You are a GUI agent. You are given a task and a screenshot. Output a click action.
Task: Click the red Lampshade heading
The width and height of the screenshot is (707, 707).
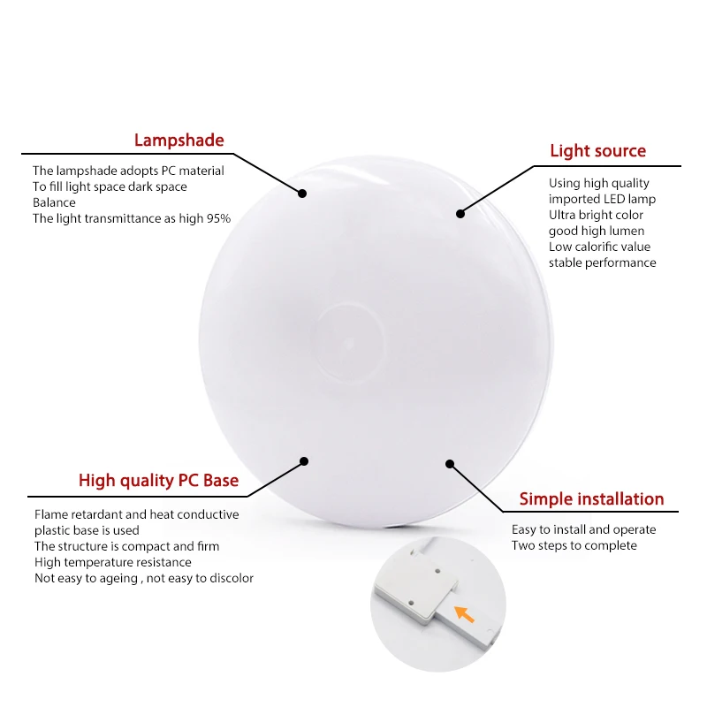click(x=179, y=140)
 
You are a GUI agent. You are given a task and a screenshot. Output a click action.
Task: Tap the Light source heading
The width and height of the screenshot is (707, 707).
click(x=597, y=151)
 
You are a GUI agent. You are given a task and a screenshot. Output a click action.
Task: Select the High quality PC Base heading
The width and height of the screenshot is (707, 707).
click(x=158, y=481)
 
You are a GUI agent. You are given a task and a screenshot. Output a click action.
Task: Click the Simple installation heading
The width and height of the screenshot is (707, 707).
click(x=591, y=498)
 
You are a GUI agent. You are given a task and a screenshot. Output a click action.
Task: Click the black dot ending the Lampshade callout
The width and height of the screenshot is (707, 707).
click(x=301, y=193)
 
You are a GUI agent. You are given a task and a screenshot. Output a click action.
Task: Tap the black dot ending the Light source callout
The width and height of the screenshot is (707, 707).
click(x=460, y=212)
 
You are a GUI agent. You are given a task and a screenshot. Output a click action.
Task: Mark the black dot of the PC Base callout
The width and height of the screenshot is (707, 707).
click(x=304, y=460)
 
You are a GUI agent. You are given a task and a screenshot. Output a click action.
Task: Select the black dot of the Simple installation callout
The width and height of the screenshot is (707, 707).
click(x=449, y=463)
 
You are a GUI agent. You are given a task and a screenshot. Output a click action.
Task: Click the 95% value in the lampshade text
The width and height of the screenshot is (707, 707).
click(x=217, y=218)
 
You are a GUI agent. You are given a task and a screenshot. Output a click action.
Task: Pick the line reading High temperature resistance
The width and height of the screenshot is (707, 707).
click(x=113, y=562)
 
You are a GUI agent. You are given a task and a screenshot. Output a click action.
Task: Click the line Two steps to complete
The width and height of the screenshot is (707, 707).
click(x=574, y=545)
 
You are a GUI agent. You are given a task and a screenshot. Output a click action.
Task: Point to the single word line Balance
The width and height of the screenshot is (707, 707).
click(x=55, y=202)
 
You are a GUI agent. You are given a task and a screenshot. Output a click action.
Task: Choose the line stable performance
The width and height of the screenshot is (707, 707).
click(x=603, y=262)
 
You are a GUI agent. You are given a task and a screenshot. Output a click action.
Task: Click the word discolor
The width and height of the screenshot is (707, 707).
click(x=228, y=578)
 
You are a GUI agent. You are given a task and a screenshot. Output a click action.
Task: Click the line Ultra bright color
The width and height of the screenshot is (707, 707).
click(x=596, y=215)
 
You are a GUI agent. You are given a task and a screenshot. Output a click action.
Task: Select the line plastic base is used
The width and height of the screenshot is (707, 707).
click(x=87, y=530)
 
